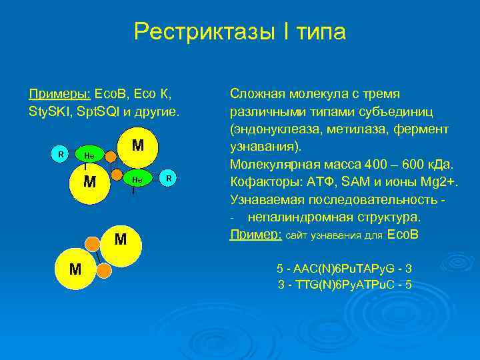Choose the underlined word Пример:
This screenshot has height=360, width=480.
[x=255, y=235]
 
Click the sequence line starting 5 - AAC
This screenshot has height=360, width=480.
[x=344, y=269]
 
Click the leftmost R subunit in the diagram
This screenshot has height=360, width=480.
[x=61, y=154]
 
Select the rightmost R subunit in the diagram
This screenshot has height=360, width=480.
[x=169, y=178]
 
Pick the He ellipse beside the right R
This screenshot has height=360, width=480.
[x=136, y=179]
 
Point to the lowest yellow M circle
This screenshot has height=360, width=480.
[x=76, y=269]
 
